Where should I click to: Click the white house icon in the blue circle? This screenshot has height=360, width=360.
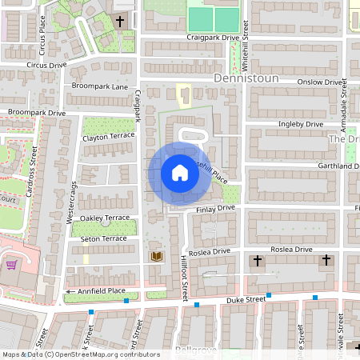coord(179,173)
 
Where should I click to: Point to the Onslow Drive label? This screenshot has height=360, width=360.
coord(320,82)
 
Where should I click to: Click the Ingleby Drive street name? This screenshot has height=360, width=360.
coord(300,124)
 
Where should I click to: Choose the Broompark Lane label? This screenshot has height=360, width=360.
coord(99,86)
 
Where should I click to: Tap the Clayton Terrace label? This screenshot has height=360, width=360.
coord(109,137)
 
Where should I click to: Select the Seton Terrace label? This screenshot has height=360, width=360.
coord(104,238)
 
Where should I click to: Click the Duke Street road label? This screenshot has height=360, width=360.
coord(244,299)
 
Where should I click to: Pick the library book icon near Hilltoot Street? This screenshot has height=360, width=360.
coord(157,256)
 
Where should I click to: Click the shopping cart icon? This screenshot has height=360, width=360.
coord(12,265)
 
